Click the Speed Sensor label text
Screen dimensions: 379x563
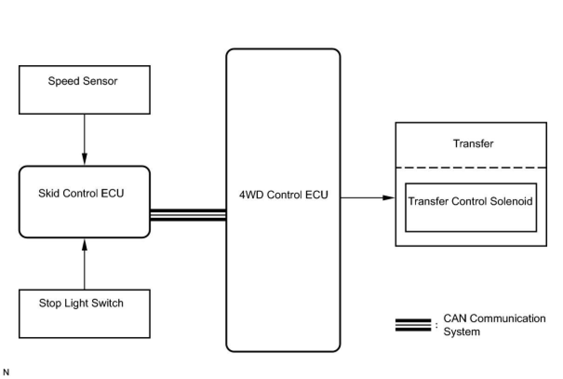tap(83, 81)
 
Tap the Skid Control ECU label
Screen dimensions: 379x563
tap(81, 193)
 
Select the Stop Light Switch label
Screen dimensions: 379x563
tap(81, 304)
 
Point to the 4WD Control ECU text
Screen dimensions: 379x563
tap(283, 195)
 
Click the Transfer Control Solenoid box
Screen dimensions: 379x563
tap(470, 207)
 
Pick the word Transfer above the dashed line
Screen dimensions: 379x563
tap(473, 143)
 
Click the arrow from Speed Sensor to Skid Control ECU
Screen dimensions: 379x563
tap(84, 140)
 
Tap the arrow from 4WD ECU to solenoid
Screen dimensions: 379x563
tap(368, 197)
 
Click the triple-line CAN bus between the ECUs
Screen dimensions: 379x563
tap(188, 215)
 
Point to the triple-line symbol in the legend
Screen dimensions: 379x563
tap(413, 325)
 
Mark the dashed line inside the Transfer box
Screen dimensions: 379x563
tap(470, 167)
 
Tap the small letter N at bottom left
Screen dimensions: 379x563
tap(6, 372)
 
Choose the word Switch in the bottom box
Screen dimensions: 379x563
tap(108, 304)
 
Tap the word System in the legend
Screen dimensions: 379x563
tap(461, 332)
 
